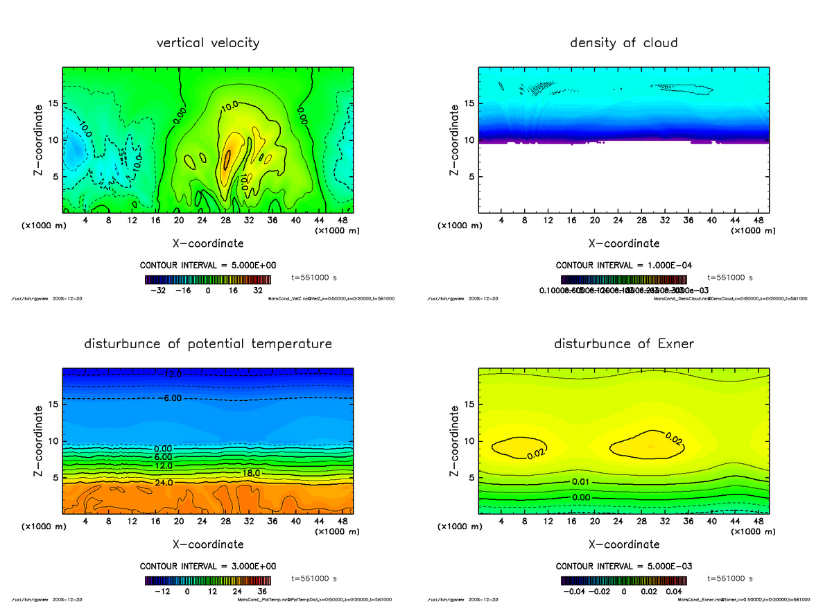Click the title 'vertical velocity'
(208, 43)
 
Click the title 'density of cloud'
(623, 43)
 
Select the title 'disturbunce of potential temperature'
(208, 344)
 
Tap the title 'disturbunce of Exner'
(623, 344)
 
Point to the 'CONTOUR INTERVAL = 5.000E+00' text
(208, 266)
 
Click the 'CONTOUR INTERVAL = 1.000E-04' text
(623, 266)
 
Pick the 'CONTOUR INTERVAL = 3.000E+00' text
(208, 566)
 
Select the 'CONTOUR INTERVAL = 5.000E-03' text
(623, 566)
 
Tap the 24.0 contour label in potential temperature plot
(165, 483)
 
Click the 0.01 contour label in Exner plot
(581, 482)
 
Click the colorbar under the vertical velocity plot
(208, 279)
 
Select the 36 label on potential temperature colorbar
(263, 592)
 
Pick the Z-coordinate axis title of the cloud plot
(455, 139)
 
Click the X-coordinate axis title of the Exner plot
(623, 544)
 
